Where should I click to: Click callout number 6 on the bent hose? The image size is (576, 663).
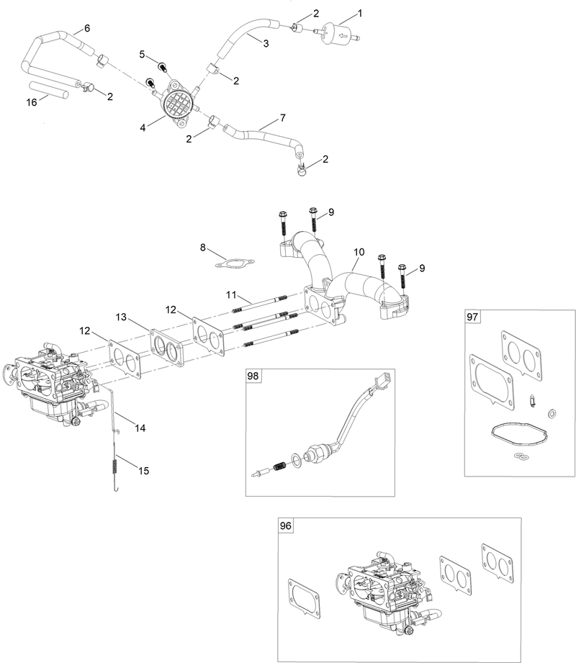pyautogui.click(x=87, y=28)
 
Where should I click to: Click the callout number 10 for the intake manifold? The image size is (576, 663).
pyautogui.click(x=359, y=253)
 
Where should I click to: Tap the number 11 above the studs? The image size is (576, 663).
pyautogui.click(x=230, y=294)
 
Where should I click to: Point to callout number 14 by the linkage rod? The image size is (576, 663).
pyautogui.click(x=140, y=428)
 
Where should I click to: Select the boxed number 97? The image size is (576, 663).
pyautogui.click(x=473, y=317)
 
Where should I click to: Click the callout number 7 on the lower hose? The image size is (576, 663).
pyautogui.click(x=282, y=117)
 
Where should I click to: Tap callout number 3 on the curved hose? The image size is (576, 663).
pyautogui.click(x=266, y=44)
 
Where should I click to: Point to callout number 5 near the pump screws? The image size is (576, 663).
pyautogui.click(x=143, y=54)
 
